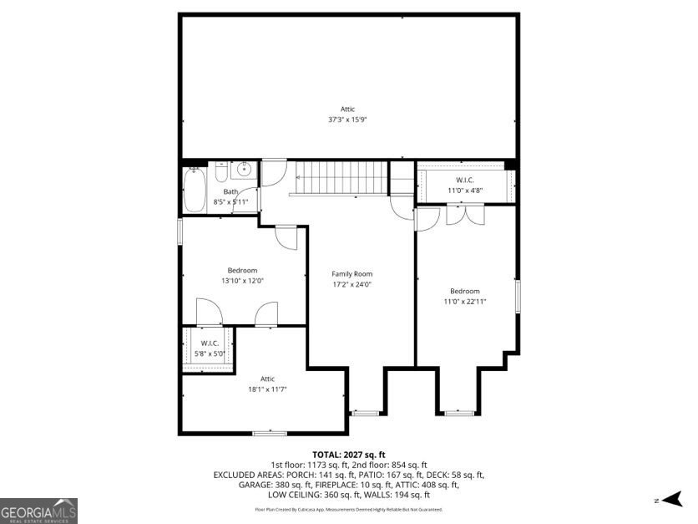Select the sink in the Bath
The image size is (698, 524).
(243, 170)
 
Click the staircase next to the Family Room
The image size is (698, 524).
(338, 177)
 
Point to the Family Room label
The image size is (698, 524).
(352, 274)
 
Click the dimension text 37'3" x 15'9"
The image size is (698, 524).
(347, 120)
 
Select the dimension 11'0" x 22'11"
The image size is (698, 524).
(465, 301)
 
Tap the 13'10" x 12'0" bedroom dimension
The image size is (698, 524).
(242, 281)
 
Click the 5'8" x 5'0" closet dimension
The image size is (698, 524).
(209, 353)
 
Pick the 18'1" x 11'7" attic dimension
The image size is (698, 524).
(267, 389)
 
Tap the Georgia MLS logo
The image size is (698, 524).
(39, 510)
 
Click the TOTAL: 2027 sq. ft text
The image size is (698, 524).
(348, 454)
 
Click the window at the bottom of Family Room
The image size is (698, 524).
(365, 413)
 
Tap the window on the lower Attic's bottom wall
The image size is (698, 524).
(269, 433)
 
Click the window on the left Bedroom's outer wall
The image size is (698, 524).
(180, 231)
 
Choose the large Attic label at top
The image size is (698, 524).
(347, 109)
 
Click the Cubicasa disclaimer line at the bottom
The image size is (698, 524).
(348, 509)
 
